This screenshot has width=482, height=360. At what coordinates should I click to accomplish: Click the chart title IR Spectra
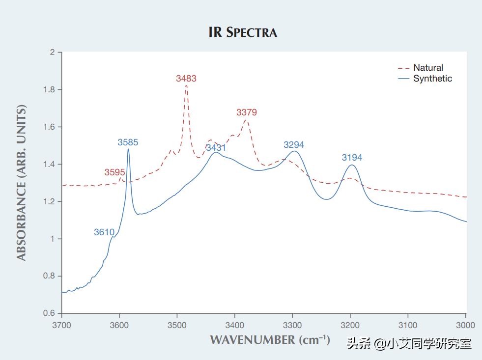tap(243, 32)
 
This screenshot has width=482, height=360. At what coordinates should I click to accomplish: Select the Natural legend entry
tap(428, 68)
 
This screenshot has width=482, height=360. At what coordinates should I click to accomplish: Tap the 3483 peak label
tap(186, 79)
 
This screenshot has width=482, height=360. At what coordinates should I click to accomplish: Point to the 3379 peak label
tap(247, 112)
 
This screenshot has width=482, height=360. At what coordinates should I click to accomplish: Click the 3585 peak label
tap(128, 143)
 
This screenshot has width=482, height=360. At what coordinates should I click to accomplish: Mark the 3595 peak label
tap(114, 172)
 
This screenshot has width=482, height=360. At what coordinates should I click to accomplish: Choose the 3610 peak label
tap(104, 232)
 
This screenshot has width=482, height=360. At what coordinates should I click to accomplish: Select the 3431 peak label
tap(216, 148)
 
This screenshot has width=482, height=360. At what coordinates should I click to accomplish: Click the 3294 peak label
tap(294, 145)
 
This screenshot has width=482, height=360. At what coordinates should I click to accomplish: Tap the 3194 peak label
tap(352, 158)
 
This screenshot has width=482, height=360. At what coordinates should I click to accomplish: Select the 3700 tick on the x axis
tap(62, 325)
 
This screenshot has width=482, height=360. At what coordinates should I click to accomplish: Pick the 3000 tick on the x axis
tap(466, 325)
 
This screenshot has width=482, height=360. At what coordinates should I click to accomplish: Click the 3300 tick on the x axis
tap(293, 325)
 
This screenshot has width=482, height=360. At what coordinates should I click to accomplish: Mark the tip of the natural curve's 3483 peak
tap(186, 85)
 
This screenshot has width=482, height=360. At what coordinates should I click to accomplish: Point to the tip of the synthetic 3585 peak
tap(128, 149)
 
